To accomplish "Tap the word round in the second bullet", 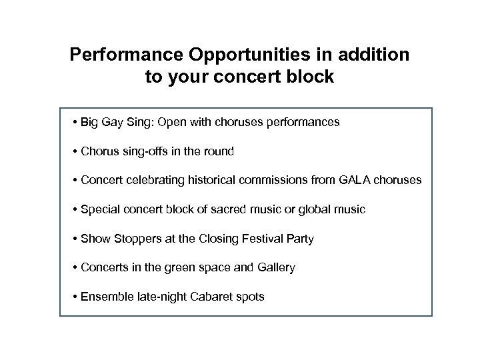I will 219,151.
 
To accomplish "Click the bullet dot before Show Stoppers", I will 77,239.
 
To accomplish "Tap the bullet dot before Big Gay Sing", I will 77,123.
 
